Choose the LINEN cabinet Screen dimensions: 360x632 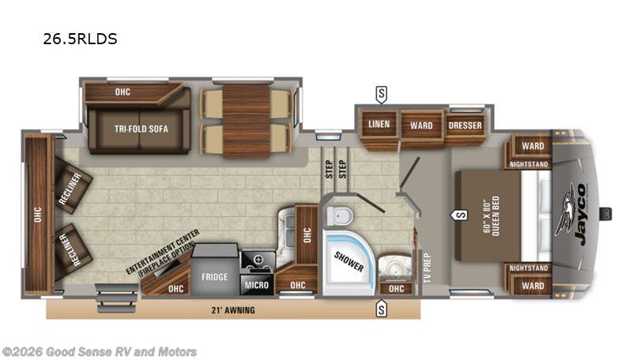point(379,124)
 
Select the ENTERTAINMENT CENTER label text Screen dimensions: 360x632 point(163,253)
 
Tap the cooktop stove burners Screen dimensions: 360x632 point(258,259)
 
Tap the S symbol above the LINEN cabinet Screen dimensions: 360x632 point(382,95)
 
